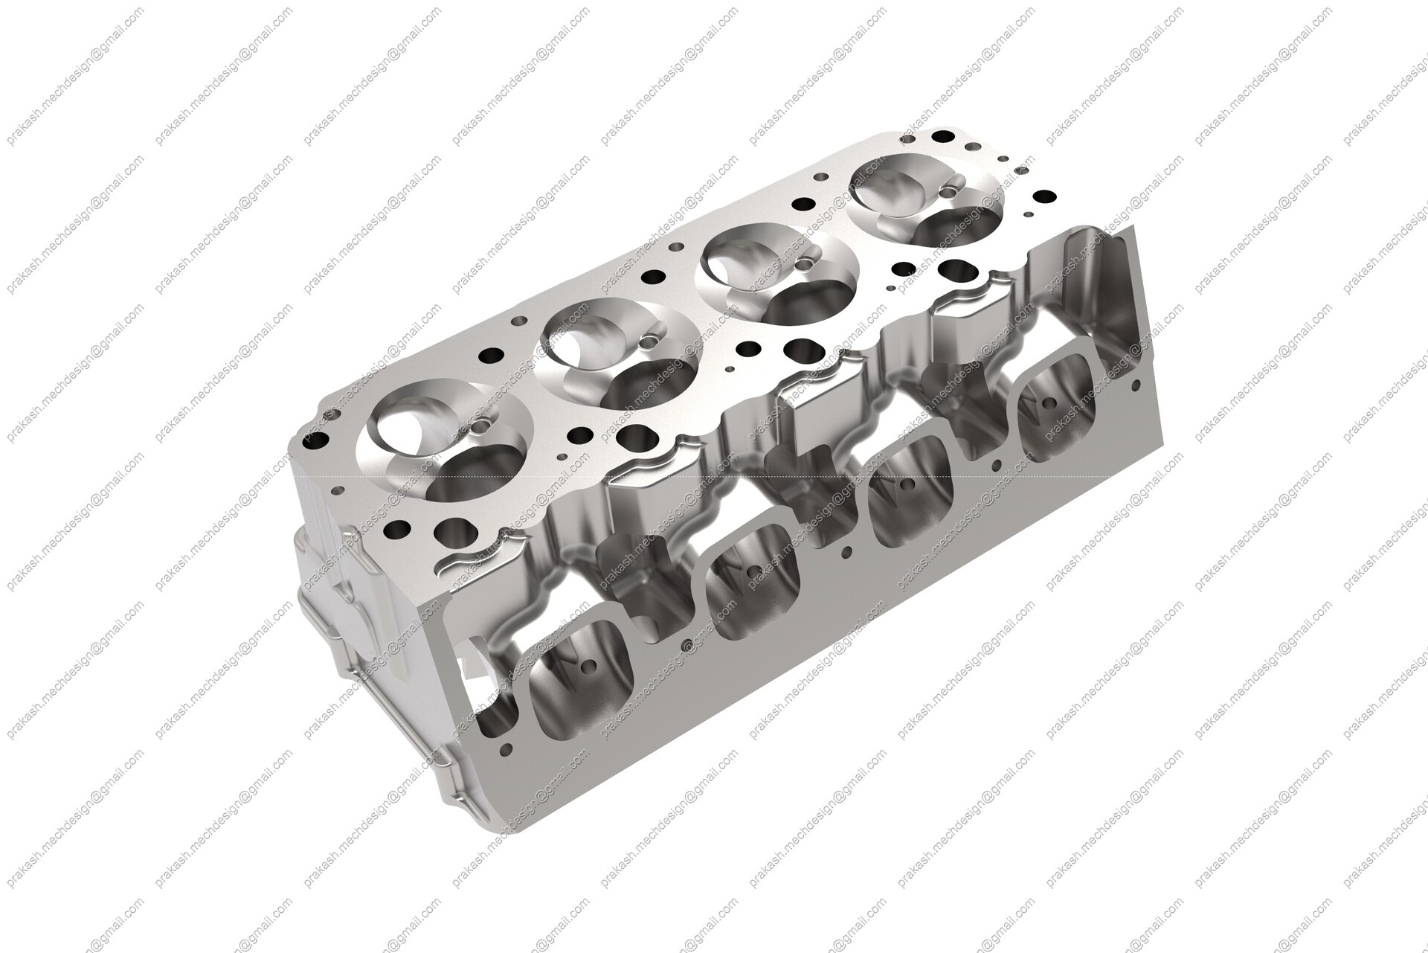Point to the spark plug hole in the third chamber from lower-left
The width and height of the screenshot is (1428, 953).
803,264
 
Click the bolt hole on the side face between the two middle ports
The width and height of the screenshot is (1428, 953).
846,553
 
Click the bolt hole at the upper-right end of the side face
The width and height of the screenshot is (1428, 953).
1136,385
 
